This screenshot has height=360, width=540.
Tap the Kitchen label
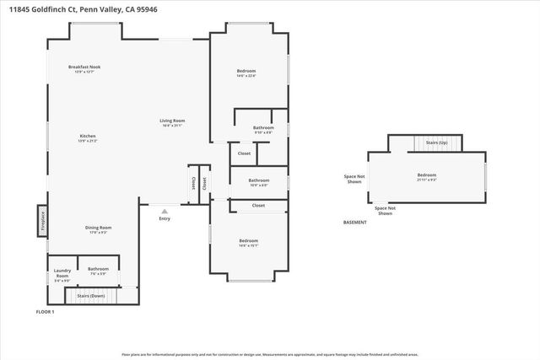coord(87,136)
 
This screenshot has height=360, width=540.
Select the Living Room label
coord(172,121)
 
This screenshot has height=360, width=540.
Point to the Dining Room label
coord(99,227)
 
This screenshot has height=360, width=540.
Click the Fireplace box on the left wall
coord(42,221)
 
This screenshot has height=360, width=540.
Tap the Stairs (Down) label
coord(91,296)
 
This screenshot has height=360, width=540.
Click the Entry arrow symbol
coord(165,211)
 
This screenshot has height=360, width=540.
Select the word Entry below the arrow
coord(165,219)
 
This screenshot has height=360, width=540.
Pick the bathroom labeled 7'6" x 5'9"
coord(99,271)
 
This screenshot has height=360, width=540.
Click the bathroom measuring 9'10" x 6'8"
coord(263,129)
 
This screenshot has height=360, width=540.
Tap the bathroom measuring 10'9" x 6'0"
coord(258,181)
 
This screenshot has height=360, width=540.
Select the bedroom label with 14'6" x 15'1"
coord(248,243)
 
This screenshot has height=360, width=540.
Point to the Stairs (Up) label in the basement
coord(436,144)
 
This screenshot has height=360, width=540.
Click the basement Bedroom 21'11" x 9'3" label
coord(426,177)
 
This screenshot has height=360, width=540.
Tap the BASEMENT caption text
coord(355,223)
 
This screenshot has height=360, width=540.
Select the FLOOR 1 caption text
coord(45,312)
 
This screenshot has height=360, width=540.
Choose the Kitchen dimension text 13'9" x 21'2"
coord(87,141)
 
